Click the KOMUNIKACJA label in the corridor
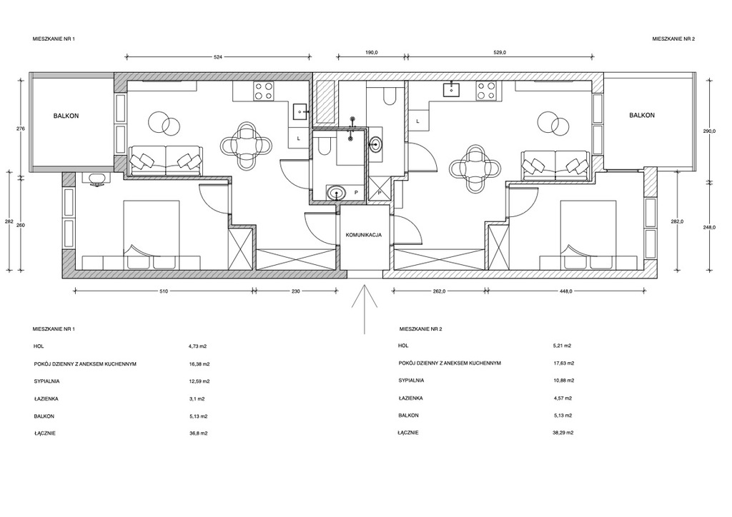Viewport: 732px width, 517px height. click(x=363, y=235)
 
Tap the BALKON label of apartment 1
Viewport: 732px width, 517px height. click(x=66, y=116)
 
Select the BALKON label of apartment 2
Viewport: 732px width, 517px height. click(x=642, y=115)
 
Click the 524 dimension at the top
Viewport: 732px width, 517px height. click(x=217, y=57)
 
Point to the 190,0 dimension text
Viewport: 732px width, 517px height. click(x=372, y=53)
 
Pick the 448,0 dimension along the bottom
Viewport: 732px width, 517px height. click(x=566, y=291)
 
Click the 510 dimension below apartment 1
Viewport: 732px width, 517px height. click(x=164, y=291)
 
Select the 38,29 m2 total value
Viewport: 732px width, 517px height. click(x=563, y=433)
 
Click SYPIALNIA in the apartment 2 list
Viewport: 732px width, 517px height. click(x=411, y=381)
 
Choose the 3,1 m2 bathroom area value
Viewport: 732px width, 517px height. click(x=197, y=399)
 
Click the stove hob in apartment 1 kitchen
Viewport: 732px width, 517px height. click(x=263, y=91)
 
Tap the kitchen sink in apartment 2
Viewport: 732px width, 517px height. click(x=452, y=88)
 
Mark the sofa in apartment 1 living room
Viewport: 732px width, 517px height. click(x=166, y=161)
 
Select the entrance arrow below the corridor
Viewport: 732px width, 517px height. click(x=365, y=307)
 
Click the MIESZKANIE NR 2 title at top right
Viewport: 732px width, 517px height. click(x=673, y=39)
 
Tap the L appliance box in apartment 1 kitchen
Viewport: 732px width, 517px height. click(x=299, y=139)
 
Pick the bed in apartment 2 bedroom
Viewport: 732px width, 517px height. click(x=588, y=235)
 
